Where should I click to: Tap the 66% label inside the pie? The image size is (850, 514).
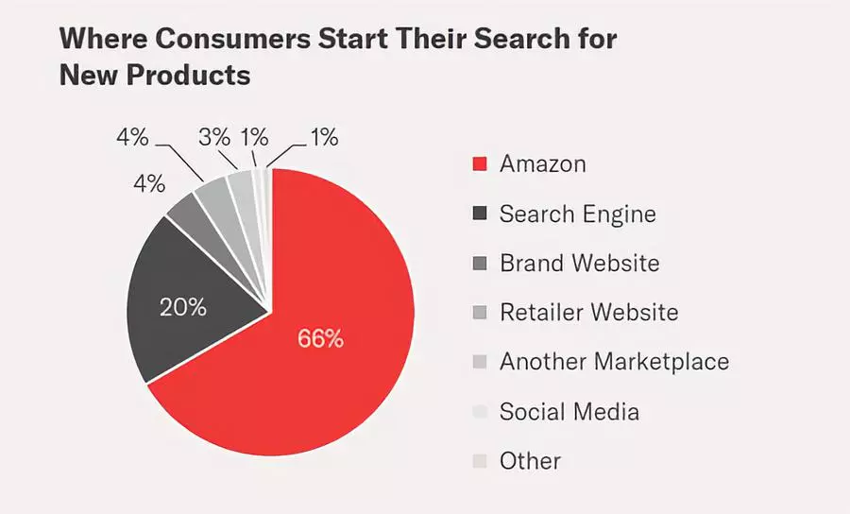pos(320,338)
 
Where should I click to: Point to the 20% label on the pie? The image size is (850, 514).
pos(184,308)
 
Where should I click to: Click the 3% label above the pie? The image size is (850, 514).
pos(214,137)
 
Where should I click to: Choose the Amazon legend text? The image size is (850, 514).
pos(542,164)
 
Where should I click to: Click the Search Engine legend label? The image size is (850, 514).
pos(577,214)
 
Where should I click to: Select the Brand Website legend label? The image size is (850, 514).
pos(579,263)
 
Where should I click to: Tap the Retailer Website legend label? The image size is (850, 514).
pos(588,312)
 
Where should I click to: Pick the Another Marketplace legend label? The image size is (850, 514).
pos(614,362)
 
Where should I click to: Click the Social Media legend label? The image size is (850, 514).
pos(569,412)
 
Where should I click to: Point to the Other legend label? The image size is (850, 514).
pos(530,461)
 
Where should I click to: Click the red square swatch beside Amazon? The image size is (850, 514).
pos(479,164)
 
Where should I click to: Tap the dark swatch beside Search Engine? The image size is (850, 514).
pos(479,214)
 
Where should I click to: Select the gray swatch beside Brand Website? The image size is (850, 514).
pos(479,263)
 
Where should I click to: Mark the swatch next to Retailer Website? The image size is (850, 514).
pos(479,313)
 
